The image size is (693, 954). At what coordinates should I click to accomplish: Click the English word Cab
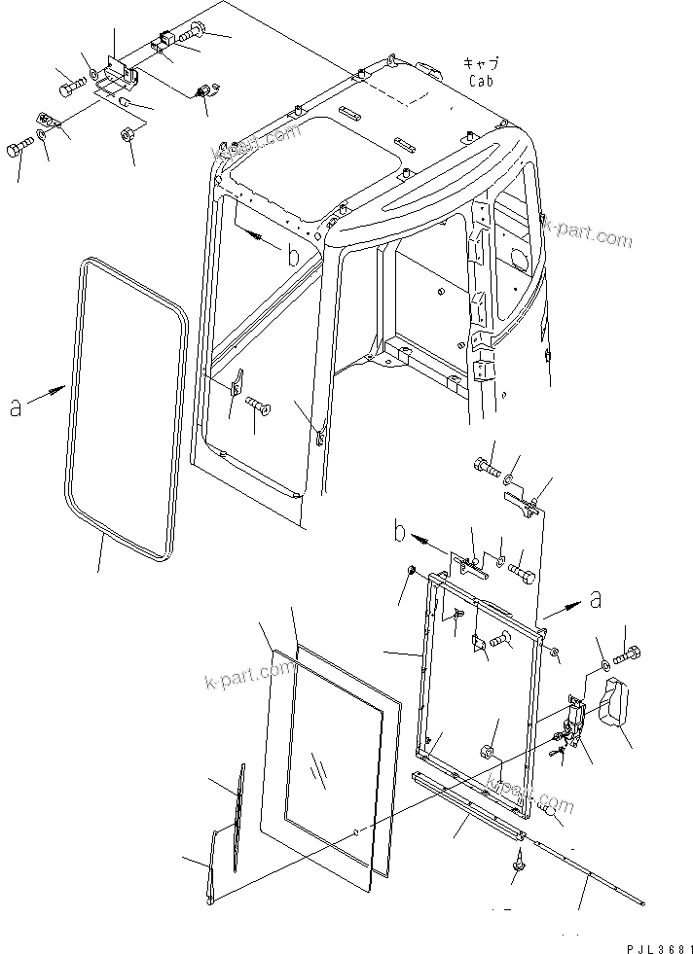tap(481, 82)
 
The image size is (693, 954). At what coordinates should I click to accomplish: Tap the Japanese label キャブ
tap(481, 62)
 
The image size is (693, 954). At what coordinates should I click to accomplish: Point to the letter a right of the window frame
tap(595, 601)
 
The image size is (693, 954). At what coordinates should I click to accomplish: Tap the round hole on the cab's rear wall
tap(517, 262)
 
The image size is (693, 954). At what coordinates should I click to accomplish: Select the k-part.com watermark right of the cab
tap(588, 233)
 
